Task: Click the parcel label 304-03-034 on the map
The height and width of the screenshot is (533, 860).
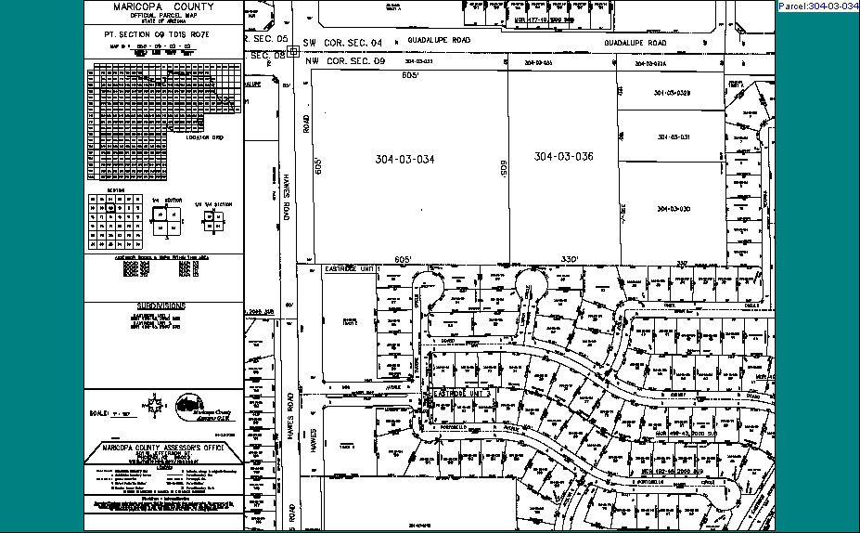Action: point(404,159)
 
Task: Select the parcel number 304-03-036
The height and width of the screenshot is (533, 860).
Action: point(563,156)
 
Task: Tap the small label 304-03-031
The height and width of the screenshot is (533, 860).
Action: point(674,136)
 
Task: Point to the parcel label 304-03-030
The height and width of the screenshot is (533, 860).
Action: point(674,209)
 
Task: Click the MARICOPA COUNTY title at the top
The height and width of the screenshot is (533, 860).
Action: point(163,6)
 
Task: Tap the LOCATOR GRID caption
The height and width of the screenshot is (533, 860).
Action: point(205,136)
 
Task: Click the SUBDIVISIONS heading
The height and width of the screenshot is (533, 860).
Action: point(161,305)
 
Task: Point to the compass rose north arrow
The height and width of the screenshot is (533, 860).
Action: point(152,405)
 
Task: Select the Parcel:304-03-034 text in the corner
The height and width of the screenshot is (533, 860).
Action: point(817,6)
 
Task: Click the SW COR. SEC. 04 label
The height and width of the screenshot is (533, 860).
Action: point(339,43)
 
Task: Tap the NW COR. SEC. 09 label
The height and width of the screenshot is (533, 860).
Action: point(339,60)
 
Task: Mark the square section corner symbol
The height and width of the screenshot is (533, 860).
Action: point(293,52)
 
